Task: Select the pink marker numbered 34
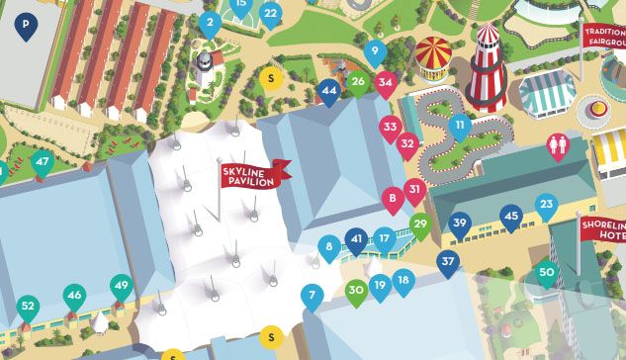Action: point(386,83)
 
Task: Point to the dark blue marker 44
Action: point(329,91)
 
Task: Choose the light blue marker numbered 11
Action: point(458,127)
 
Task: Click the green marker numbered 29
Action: point(420,225)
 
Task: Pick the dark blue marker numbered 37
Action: point(448,262)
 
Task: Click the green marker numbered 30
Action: point(356,290)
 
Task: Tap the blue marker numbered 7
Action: point(313,295)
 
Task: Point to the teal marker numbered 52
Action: point(28,307)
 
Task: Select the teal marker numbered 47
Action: point(42,162)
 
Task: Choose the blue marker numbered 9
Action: point(374,52)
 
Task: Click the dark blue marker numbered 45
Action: point(510,216)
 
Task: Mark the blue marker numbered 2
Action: point(209,23)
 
